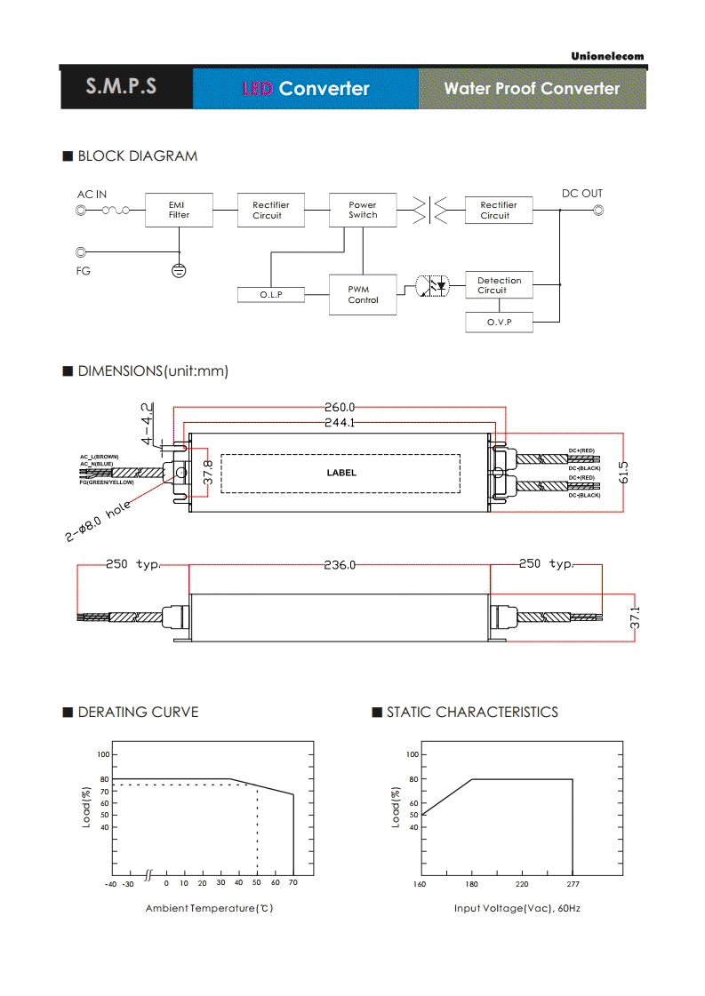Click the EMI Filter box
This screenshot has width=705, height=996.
click(x=179, y=210)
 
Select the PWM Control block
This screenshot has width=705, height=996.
click(x=363, y=294)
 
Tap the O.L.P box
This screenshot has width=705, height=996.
click(x=271, y=295)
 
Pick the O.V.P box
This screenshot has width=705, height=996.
click(x=499, y=322)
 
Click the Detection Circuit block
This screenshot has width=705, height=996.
click(x=499, y=285)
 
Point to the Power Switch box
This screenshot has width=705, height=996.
click(x=363, y=210)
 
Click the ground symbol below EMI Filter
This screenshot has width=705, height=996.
click(x=179, y=271)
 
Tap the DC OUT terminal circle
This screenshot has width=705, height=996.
click(x=598, y=211)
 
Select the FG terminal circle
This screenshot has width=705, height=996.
click(x=81, y=252)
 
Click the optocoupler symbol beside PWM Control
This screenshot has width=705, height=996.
click(x=432, y=286)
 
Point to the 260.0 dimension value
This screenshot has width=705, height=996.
click(x=340, y=407)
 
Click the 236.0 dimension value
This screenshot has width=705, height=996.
click(x=340, y=565)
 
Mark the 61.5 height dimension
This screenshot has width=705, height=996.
click(x=623, y=473)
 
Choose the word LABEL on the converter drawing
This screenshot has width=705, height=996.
click(x=341, y=473)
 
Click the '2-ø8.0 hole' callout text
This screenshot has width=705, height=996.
click(x=98, y=521)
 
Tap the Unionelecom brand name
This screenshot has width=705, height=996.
click(x=607, y=56)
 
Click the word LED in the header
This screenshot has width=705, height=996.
click(x=258, y=88)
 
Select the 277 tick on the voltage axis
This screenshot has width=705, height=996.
click(x=573, y=884)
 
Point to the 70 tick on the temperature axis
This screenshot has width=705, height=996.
click(x=293, y=882)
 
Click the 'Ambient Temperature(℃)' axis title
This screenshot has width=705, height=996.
click(x=209, y=908)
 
